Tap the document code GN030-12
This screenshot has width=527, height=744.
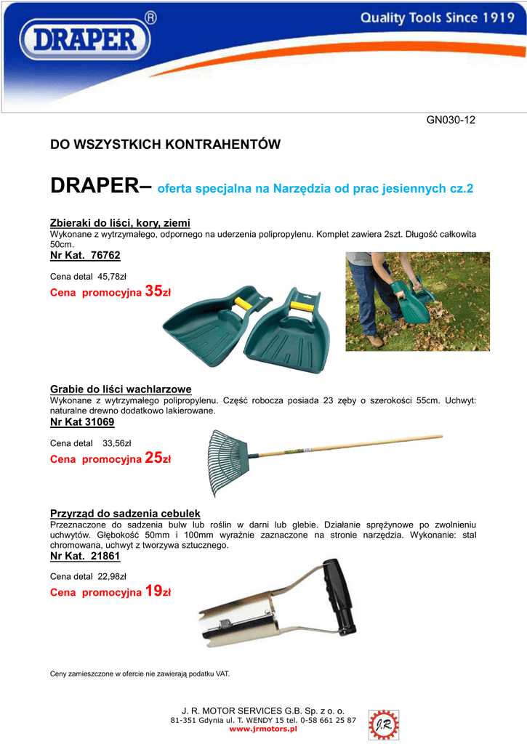click(x=451, y=120)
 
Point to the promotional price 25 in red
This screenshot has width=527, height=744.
click(x=153, y=458)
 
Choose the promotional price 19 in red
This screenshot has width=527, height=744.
click(x=153, y=592)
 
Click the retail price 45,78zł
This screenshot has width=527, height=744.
click(x=112, y=276)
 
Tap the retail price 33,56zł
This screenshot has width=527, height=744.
click(x=117, y=442)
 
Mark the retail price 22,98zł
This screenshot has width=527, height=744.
click(x=112, y=577)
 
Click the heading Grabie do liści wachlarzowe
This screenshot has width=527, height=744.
click(x=121, y=389)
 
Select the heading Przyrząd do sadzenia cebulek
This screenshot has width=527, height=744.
click(x=125, y=514)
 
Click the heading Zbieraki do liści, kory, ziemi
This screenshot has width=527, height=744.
click(x=120, y=222)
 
